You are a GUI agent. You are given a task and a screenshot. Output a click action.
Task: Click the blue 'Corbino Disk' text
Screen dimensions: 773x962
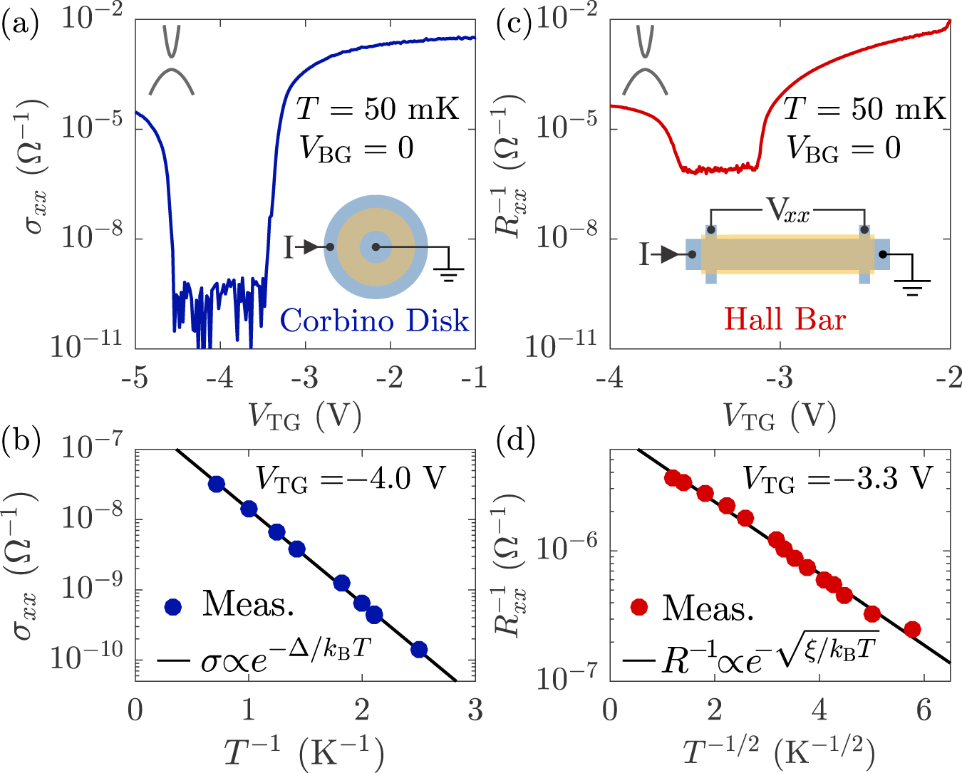coord(374,321)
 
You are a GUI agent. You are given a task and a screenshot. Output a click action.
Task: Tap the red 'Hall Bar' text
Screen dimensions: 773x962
coord(785,318)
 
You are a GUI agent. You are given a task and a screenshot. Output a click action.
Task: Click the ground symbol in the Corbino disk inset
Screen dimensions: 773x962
coord(448,273)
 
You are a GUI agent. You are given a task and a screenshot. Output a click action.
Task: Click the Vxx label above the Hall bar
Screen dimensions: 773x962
coord(787,212)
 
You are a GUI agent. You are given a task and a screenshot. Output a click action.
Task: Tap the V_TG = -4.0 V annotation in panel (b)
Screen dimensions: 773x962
coord(350,479)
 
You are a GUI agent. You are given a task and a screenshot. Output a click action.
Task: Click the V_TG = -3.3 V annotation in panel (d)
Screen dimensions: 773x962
coord(837,478)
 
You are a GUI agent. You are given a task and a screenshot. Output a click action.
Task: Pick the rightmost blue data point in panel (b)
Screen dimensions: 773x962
coord(419,649)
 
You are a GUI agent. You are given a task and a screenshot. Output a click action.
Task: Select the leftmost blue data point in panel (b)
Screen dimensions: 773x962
coord(217,484)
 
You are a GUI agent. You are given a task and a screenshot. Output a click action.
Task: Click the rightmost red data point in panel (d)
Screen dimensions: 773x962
coord(912,629)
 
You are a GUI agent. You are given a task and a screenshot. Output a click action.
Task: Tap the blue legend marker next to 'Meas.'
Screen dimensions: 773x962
coord(173,606)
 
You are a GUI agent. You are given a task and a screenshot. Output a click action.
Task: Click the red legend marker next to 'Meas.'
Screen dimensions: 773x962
coord(639,607)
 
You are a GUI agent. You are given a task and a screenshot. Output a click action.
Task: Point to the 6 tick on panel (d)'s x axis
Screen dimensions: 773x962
coord(924,710)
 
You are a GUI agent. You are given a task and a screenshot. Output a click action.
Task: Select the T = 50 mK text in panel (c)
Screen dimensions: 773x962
coord(864,110)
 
